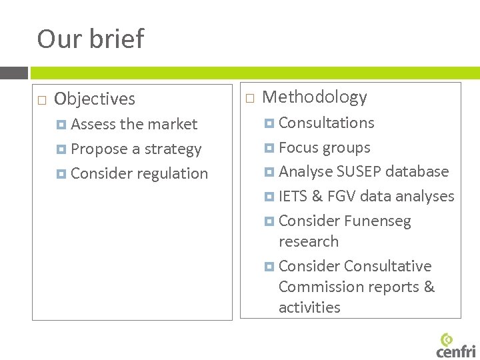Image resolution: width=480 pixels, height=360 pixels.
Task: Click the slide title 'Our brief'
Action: (x=90, y=39)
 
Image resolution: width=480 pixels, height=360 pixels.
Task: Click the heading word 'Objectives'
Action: (x=94, y=99)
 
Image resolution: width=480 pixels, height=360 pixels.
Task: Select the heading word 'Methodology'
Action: (x=315, y=97)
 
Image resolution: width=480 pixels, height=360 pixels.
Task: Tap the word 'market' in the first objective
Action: (x=175, y=125)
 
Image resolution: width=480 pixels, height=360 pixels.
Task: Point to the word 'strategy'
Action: (x=172, y=149)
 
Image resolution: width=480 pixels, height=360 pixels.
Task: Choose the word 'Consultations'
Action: (x=326, y=123)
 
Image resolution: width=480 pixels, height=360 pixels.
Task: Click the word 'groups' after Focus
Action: (x=347, y=148)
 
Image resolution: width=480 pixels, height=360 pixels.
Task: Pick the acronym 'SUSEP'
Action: (x=363, y=172)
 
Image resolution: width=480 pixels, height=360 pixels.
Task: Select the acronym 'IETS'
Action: (x=293, y=197)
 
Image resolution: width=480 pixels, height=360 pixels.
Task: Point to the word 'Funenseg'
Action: (x=378, y=221)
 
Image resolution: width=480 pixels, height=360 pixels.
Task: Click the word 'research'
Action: (x=308, y=242)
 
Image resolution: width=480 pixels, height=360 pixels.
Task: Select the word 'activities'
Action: (x=309, y=308)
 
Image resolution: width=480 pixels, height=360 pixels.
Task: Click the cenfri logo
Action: (x=456, y=345)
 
